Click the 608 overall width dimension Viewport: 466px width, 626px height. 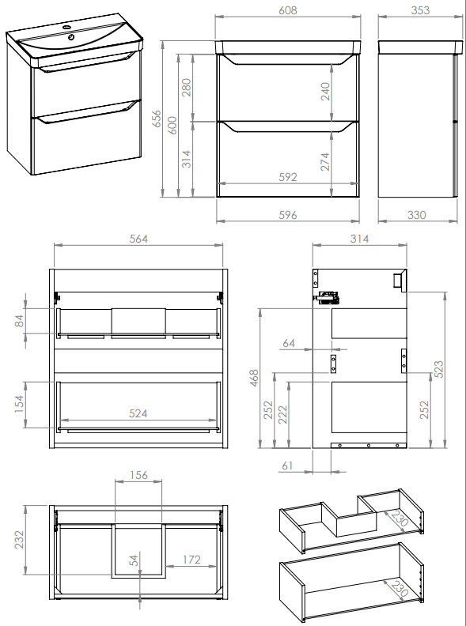click(x=288, y=10)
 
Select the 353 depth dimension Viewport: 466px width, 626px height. click(x=420, y=10)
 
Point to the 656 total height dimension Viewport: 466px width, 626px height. click(x=157, y=119)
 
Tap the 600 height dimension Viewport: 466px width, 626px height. click(x=172, y=125)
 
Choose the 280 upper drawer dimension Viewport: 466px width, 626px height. click(x=186, y=88)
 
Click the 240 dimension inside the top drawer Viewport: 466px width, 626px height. click(x=325, y=91)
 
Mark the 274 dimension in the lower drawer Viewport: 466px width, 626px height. click(x=325, y=161)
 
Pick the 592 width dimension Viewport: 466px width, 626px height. click(x=288, y=176)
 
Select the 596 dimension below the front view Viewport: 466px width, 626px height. click(x=288, y=215)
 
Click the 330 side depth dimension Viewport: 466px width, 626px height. click(x=416, y=215)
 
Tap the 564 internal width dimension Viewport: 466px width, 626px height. click(x=138, y=239)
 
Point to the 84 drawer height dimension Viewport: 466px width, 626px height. click(x=19, y=321)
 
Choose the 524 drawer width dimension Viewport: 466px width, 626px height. click(x=138, y=413)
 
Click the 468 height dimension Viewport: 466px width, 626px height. click(x=254, y=378)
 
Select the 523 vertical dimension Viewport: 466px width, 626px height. click(x=438, y=369)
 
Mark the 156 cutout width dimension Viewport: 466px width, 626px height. click(x=138, y=475)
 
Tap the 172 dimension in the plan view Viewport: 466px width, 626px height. click(x=191, y=560)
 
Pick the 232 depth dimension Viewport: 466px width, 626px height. click(x=19, y=539)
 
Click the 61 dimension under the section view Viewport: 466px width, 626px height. click(x=287, y=466)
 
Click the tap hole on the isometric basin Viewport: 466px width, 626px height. click(x=71, y=37)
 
